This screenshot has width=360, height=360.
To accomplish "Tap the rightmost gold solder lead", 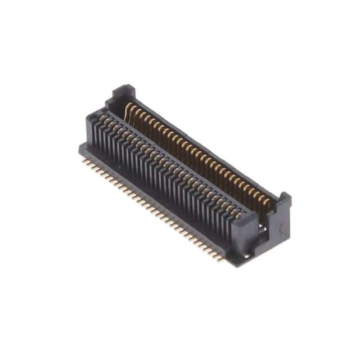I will point(220,258).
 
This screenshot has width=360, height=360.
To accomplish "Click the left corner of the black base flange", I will point(80,147).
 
